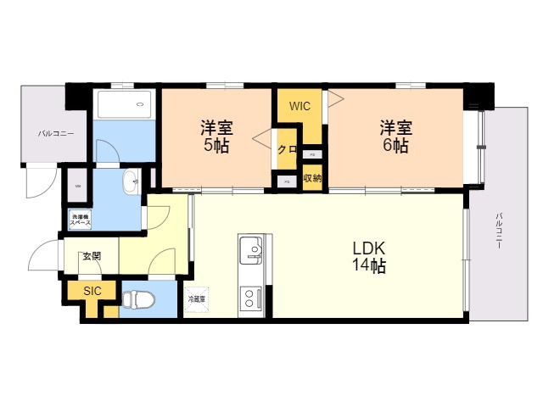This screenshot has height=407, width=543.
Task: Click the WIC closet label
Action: click(299, 107)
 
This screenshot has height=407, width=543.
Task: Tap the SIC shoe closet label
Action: click(92, 290)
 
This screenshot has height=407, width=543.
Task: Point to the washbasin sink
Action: click(131, 181)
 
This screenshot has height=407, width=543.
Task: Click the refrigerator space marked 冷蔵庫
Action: click(196, 299)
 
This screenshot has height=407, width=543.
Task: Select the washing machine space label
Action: click(81, 220)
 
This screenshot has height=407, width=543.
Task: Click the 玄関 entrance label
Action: click(91, 257)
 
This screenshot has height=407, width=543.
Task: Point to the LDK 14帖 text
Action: click(369, 257)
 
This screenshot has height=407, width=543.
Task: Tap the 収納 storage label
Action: click(311, 178)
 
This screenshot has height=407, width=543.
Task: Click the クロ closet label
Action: click(287, 150)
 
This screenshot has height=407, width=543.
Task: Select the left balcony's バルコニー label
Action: click(55, 134)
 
